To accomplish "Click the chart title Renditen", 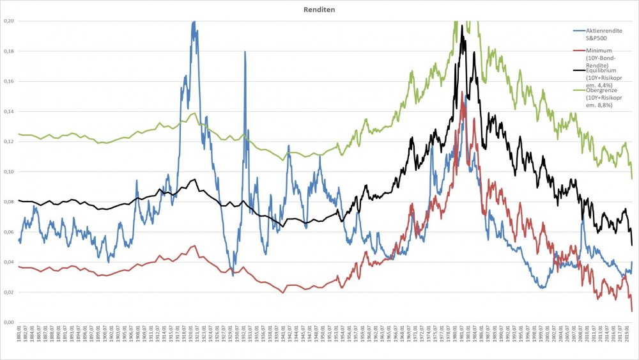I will [319, 10].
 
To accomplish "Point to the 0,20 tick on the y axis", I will [9, 21].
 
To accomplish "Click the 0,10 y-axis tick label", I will [9, 172].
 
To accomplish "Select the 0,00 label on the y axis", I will [9, 322].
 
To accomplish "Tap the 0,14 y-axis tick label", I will [9, 112].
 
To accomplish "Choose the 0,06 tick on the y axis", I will [9, 232].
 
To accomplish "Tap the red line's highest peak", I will [462, 94].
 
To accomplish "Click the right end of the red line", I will [632, 311].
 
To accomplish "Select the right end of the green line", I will [632, 179].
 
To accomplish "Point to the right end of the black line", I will [632, 245].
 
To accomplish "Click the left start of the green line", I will [19, 134].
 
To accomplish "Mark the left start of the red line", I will [19, 266].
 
